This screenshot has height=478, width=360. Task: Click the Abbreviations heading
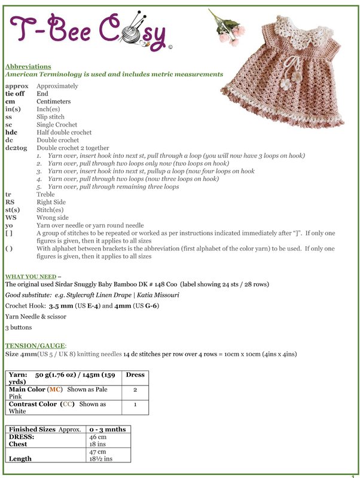pos(28,66)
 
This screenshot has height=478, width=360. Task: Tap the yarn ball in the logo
pos(131,34)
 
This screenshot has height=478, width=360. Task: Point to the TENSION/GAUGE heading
pos(35,346)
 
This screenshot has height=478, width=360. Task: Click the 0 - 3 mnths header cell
pos(108,429)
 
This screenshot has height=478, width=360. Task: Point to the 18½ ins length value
pos(100,459)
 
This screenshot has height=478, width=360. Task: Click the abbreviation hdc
pos(11,132)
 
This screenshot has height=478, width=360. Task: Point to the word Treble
pos(46,194)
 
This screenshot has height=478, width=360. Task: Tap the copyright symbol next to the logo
pos(171,47)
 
